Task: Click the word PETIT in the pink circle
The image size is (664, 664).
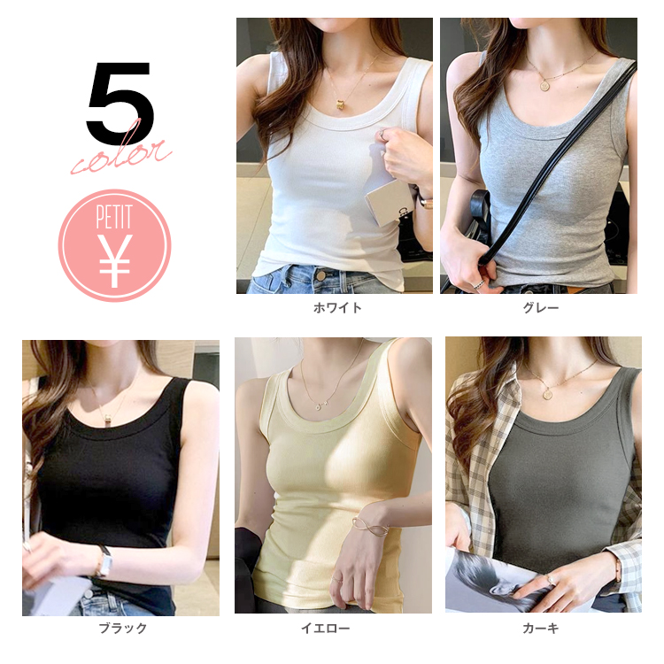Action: coord(114,216)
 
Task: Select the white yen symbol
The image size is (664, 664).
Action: coord(115,260)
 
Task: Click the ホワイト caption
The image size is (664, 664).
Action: coord(337,307)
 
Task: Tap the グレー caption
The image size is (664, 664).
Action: coord(541,307)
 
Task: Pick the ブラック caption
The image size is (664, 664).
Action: coord(123,628)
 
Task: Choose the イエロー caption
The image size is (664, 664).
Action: coord(325,628)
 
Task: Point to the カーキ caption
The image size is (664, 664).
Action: coord(541,628)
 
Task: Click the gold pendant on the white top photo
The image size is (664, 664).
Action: coord(342,104)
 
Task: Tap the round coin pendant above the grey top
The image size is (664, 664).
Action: coord(544,85)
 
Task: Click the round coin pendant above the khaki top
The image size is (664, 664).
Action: coord(549,392)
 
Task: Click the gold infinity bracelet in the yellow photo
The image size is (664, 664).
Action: coord(369,525)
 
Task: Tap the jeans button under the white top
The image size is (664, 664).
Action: coord(321,276)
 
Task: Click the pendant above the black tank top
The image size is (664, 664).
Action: coord(109,419)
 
